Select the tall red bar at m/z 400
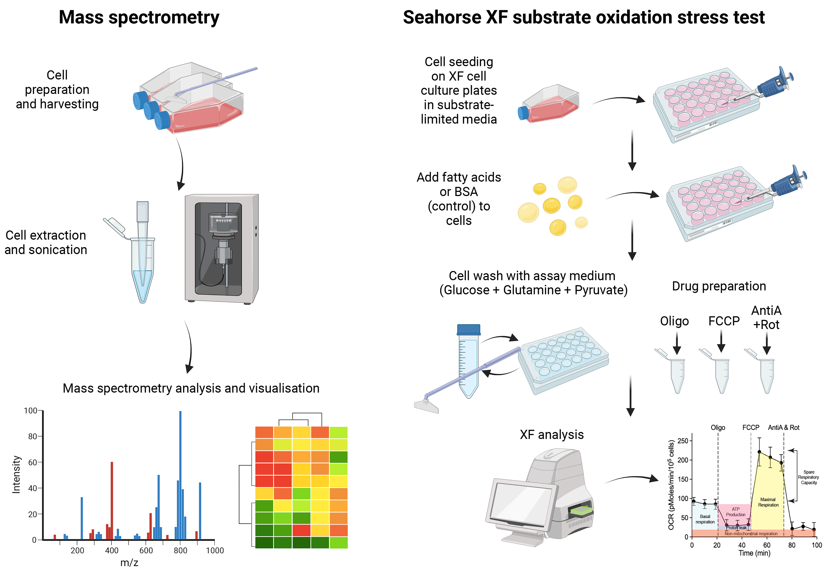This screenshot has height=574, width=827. pyautogui.click(x=112, y=501)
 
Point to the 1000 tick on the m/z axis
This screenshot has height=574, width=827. pyautogui.click(x=215, y=550)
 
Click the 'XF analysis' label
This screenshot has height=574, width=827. pyautogui.click(x=552, y=434)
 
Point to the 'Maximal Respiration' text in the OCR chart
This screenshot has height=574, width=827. pyautogui.click(x=768, y=502)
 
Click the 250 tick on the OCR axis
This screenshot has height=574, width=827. pyautogui.click(x=683, y=441)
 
